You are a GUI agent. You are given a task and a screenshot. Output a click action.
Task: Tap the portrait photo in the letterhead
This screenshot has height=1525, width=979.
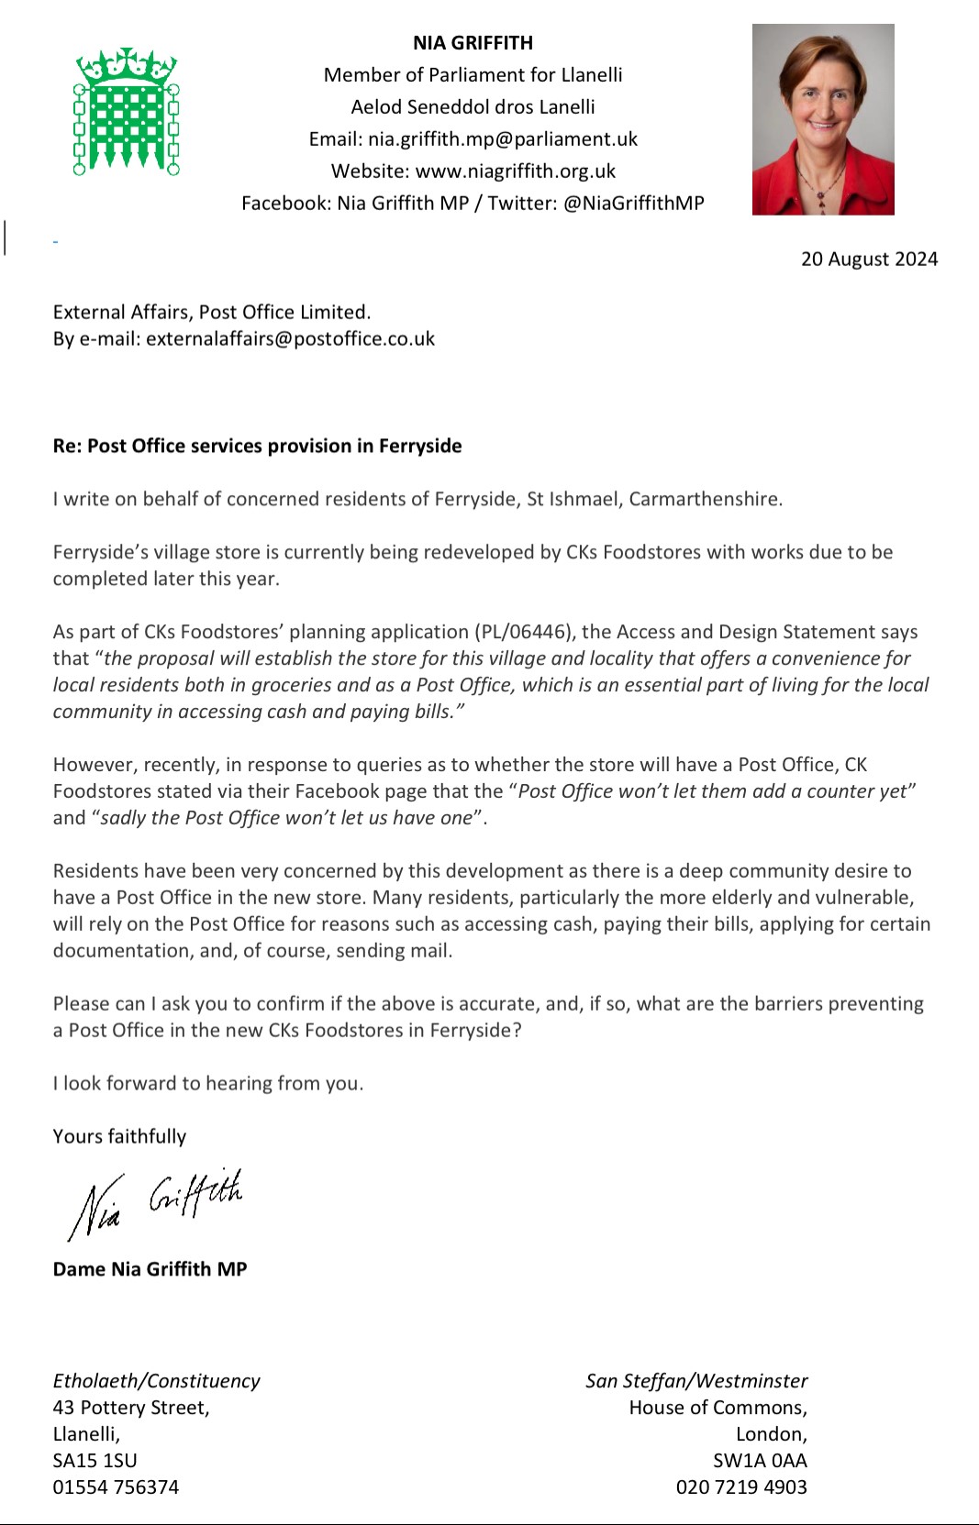(x=823, y=119)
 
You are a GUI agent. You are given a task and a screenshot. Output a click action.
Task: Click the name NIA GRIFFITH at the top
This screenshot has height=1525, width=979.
(x=473, y=43)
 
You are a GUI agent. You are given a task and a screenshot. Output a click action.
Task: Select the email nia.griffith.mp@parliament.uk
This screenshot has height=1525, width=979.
(x=503, y=139)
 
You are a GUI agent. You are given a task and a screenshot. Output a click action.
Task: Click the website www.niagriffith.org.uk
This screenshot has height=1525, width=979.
(x=516, y=171)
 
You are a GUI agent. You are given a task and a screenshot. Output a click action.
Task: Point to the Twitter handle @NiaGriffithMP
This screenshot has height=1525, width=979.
(x=634, y=204)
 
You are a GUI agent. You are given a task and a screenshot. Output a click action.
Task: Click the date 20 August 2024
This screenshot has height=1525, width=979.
(x=869, y=260)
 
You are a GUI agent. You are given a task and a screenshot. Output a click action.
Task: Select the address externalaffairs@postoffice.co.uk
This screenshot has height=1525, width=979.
(x=290, y=339)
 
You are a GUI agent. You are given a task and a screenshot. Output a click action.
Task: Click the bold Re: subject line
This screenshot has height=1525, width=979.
(x=257, y=447)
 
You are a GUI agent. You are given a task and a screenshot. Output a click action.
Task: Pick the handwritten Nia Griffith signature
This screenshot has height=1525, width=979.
(x=156, y=1202)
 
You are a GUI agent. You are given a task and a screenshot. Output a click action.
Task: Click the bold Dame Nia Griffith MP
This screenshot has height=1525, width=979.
(x=150, y=1269)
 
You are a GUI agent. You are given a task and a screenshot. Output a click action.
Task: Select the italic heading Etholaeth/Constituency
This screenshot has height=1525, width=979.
(x=156, y=1381)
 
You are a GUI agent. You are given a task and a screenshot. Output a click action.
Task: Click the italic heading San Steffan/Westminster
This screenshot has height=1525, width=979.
(x=696, y=1381)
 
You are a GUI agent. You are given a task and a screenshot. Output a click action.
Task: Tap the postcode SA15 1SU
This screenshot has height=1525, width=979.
(x=95, y=1461)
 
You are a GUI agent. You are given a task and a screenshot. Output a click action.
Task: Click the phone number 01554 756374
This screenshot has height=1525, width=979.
(x=116, y=1487)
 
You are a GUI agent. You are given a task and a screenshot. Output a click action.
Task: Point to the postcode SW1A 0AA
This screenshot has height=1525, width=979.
(x=760, y=1461)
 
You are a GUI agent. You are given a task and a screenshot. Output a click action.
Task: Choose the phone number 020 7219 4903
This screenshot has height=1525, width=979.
(x=741, y=1487)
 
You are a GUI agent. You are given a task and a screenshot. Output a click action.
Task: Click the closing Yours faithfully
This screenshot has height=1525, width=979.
(x=119, y=1137)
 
